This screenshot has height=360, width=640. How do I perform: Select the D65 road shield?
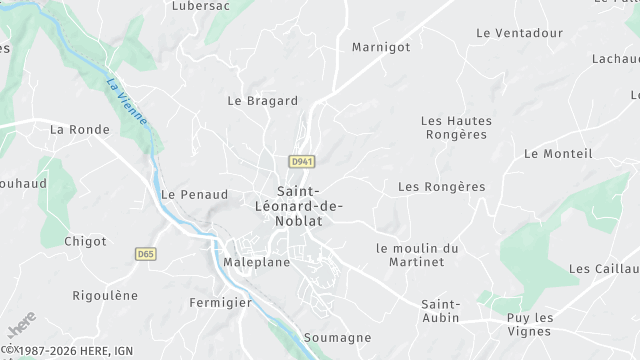(146, 255)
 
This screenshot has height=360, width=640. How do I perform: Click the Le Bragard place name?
(263, 101)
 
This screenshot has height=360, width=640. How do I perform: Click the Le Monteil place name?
(558, 153)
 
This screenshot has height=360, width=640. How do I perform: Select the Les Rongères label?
(441, 187)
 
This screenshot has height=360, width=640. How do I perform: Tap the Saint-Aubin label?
(440, 310)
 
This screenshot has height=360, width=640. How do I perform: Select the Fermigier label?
(219, 301)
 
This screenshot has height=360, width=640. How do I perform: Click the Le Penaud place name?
(194, 194)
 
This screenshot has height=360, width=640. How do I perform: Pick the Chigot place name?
(85, 241)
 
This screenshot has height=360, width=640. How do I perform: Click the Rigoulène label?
(105, 295)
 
